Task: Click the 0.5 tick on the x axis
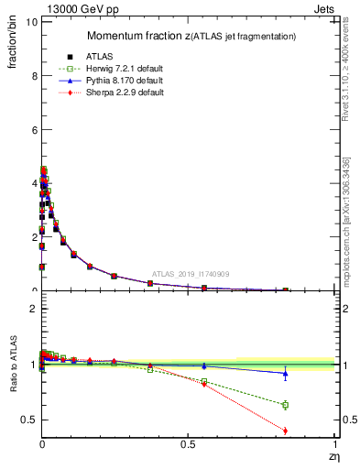(188, 443)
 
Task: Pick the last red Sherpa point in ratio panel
(285, 431)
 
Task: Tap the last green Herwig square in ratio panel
(285, 405)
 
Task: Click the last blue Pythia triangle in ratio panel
(285, 373)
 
